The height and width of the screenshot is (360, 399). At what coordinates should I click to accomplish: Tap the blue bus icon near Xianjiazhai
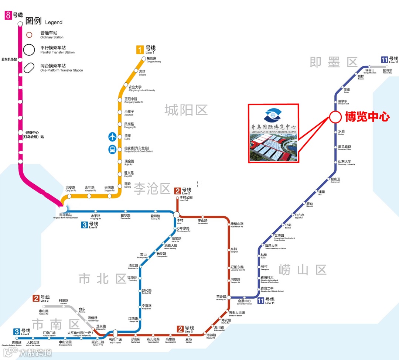pos(112,150)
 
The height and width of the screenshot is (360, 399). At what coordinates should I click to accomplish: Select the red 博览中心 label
pos(367,117)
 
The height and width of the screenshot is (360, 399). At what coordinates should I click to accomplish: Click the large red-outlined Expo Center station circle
pos(335,117)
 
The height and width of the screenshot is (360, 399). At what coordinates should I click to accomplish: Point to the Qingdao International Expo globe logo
pos(273,116)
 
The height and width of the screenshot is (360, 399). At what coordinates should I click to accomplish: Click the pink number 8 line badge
pos(7,16)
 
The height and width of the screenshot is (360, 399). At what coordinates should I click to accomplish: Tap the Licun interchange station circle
pos(177,215)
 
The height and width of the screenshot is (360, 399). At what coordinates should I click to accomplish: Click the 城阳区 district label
pos(186,110)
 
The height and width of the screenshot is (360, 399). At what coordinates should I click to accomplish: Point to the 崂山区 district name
pos(303,270)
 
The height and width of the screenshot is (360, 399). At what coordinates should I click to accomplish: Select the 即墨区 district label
pos(334,62)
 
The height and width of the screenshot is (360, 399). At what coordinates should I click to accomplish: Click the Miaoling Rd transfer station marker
pos(229,297)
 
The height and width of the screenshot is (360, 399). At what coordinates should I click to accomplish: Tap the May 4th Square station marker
pos(115,333)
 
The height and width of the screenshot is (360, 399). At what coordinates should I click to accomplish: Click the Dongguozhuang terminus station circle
pos(144,58)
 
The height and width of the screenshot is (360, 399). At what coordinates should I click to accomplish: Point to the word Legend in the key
pos(54,23)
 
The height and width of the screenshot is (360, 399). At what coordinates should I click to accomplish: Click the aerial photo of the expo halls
pos(273,146)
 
